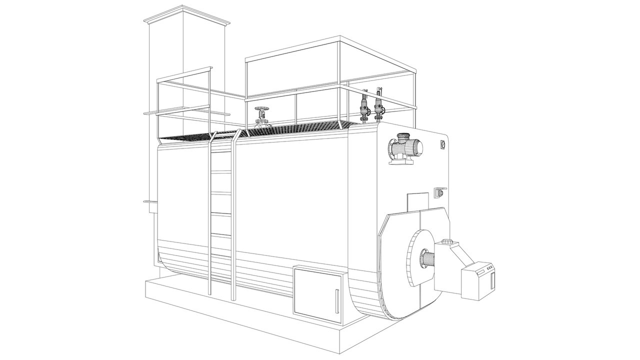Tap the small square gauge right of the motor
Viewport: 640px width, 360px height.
(x=442, y=144)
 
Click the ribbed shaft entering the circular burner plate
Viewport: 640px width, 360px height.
(x=428, y=260)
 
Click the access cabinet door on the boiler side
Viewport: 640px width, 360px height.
(x=317, y=294)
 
